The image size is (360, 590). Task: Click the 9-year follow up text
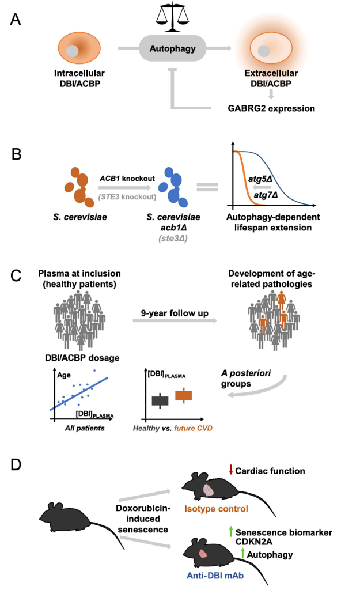[170, 313]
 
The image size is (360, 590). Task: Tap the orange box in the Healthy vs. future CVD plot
[183, 395]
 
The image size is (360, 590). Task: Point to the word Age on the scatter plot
[63, 373]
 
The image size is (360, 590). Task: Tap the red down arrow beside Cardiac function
[231, 470]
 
